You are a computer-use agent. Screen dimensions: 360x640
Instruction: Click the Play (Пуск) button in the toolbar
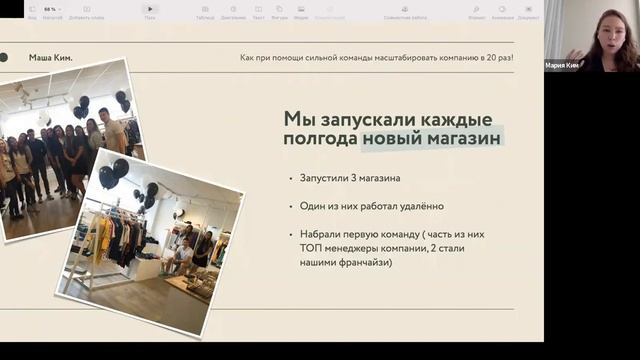pos(150,9)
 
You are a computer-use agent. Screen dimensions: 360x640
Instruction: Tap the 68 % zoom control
pos(50,9)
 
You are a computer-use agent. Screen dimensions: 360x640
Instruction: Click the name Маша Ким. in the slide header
pos(51,58)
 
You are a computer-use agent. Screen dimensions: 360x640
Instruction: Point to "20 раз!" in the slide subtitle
pos(496,58)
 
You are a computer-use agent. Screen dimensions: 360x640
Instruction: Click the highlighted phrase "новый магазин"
pos(431,138)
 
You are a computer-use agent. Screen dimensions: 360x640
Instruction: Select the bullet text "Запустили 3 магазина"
pos(350,178)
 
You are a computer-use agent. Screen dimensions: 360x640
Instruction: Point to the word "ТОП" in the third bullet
pos(311,248)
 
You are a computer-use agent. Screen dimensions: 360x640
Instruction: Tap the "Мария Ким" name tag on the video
pos(562,65)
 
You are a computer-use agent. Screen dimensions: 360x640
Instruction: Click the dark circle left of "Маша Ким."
pos(4,58)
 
